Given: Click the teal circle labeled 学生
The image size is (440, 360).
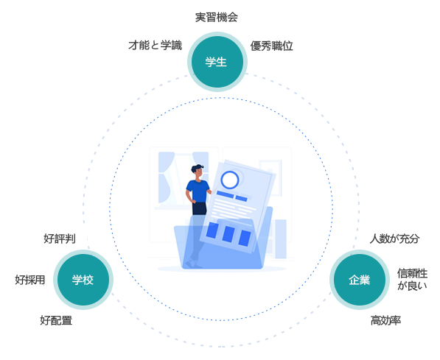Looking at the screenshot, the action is pyautogui.click(x=217, y=62).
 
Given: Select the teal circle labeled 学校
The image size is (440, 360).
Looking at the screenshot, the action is pyautogui.click(x=83, y=280).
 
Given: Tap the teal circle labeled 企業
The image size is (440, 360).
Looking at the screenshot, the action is pyautogui.click(x=360, y=280).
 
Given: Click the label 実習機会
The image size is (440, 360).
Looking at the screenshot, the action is pyautogui.click(x=217, y=18).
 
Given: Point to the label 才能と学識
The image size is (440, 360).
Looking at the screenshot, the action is pyautogui.click(x=156, y=45).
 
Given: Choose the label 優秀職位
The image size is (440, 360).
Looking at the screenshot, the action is pyautogui.click(x=272, y=46).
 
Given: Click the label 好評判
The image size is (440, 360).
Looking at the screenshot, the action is pyautogui.click(x=60, y=239).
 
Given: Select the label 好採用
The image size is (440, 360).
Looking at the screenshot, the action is pyautogui.click(x=30, y=280).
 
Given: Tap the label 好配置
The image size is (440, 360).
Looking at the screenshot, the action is pyautogui.click(x=56, y=320).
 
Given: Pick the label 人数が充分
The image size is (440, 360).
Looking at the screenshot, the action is pyautogui.click(x=394, y=239).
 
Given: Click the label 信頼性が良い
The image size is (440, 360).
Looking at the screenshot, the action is pyautogui.click(x=412, y=279).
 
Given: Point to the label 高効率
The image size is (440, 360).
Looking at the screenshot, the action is pyautogui.click(x=386, y=320).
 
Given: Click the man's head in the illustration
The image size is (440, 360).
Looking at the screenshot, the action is pyautogui.click(x=198, y=172).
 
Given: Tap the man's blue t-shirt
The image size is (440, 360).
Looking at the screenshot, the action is pyautogui.click(x=198, y=191).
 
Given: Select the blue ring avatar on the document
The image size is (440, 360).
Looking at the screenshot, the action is pyautogui.click(x=230, y=180).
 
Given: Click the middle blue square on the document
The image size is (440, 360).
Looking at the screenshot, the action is pyautogui.click(x=228, y=234).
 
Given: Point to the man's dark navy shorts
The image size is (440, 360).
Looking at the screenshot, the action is pyautogui.click(x=200, y=208).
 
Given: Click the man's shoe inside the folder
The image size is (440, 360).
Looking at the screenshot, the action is pyautogui.click(x=193, y=264).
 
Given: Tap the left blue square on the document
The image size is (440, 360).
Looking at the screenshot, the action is pyautogui.click(x=212, y=230).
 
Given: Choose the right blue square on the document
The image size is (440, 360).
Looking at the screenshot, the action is pyautogui.click(x=245, y=239).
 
